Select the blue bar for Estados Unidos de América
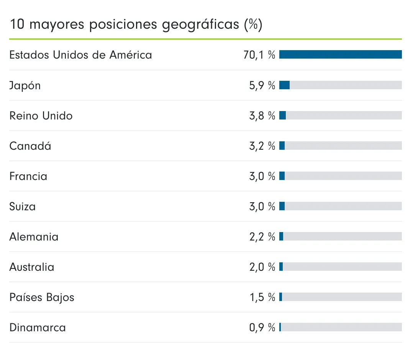[x=340, y=55]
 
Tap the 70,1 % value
[x=259, y=55]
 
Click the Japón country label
[x=25, y=85]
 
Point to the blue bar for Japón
[x=284, y=85]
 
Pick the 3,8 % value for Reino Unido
[x=262, y=116]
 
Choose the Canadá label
[x=30, y=146]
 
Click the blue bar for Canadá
[x=282, y=146]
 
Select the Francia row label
[x=28, y=176]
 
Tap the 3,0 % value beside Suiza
[x=262, y=206]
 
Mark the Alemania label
[x=34, y=237]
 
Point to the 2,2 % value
[x=262, y=237]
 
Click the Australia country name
[x=32, y=267]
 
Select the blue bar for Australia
[x=281, y=267]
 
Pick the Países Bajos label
[x=42, y=297]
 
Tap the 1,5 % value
[x=262, y=297]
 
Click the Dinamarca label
[x=38, y=327]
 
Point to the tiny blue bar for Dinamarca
[x=280, y=327]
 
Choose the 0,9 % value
[x=262, y=327]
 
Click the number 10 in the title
[x=17, y=25]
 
